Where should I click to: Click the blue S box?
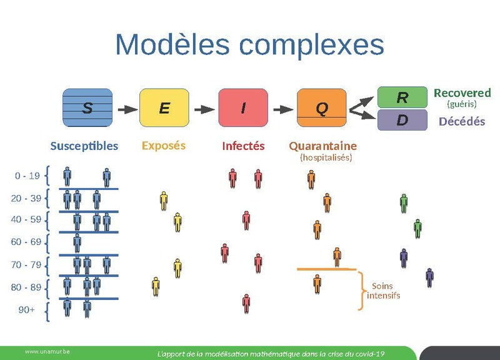87,107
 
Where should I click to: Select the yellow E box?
164,107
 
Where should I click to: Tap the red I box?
243,107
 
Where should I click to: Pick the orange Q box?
321,107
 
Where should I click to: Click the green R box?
402,97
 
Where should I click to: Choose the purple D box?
402,120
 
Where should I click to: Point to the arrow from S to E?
126,108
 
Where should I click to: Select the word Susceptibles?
84,146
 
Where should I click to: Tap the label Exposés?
164,146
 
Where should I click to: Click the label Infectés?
243,146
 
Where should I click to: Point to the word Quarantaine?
322,146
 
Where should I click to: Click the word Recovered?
462,93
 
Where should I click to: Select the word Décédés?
462,121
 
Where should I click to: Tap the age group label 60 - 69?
26,242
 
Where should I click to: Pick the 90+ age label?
26,309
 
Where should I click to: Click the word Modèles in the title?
173,45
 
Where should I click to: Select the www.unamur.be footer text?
47,352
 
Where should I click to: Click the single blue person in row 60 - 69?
77,242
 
